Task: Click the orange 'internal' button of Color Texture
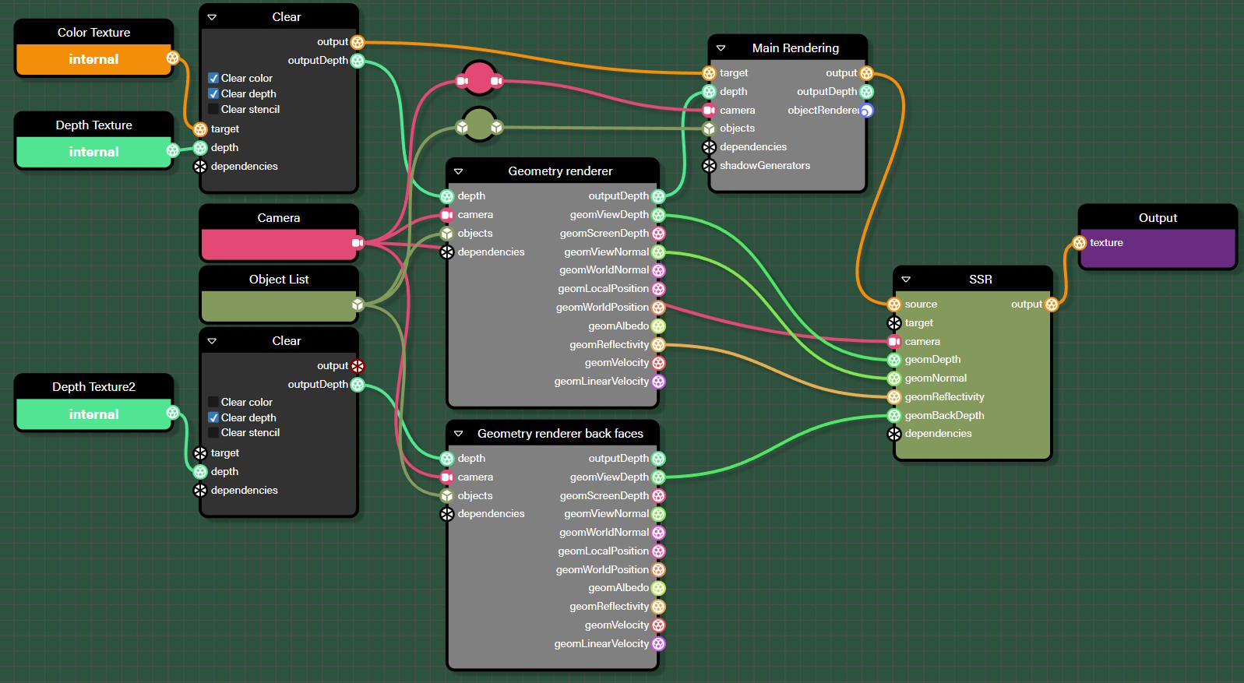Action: [93, 59]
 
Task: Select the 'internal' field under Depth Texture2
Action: [93, 414]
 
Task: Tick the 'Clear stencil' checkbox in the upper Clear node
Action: [213, 109]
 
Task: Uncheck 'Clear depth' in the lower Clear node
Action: [213, 417]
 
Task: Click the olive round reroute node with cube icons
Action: [479, 125]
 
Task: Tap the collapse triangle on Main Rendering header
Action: [721, 48]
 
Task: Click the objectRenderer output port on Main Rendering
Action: [866, 111]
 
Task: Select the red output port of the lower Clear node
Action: [358, 366]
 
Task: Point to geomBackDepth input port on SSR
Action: [894, 416]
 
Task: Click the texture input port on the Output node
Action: [1080, 243]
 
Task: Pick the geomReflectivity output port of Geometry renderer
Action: [658, 344]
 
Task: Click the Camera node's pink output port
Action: [357, 243]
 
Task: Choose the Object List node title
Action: [279, 279]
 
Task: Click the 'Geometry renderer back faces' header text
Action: [560, 433]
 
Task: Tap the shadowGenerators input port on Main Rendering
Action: [709, 166]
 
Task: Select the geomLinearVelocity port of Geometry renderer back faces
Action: [658, 644]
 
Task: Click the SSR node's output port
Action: [1052, 305]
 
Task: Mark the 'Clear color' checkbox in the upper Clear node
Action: [213, 78]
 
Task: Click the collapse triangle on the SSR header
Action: [906, 280]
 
